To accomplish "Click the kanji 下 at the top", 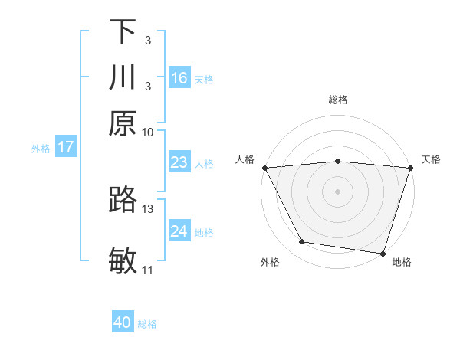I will point(123,32).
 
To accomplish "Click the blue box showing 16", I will point(179,78).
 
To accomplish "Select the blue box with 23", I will point(179,162).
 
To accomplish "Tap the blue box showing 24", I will point(179,231).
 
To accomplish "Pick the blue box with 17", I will point(65,147).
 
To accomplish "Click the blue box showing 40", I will point(123,322).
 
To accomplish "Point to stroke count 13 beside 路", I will point(148,208).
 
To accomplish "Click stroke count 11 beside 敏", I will point(148,270).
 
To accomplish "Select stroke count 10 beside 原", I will point(148,132).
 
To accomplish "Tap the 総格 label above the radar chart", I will point(338,100).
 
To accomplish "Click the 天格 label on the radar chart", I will point(431,159).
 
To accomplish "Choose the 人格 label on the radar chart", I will point(245,159).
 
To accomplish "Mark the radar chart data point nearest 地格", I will point(383,253).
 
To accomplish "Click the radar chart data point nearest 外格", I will point(302,242).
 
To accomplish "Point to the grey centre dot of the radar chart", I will point(338,191).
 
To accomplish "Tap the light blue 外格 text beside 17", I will point(41,149).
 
